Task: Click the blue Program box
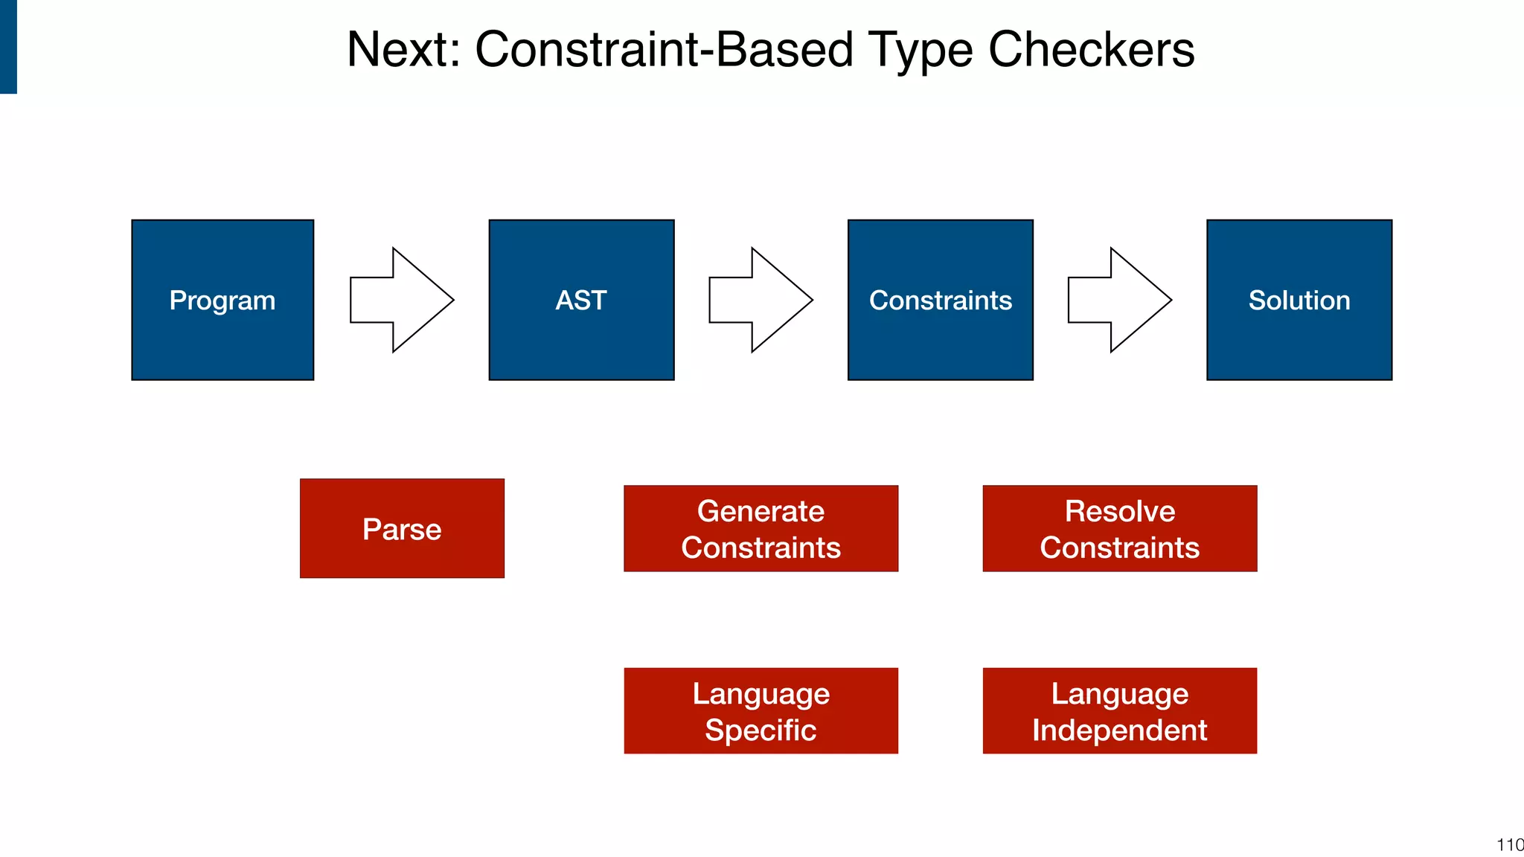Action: coord(222,300)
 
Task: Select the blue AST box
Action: coord(581,300)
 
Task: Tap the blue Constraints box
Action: coord(940,300)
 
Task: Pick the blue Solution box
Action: coord(1299,300)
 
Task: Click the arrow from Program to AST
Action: coord(401,300)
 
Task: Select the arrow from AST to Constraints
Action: coord(760,300)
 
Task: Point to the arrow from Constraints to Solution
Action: coord(1118,300)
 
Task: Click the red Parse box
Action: coord(402,528)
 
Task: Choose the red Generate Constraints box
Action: coord(761,529)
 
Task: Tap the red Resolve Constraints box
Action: coord(1119,529)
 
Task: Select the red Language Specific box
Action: coord(761,710)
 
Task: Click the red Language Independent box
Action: coord(1119,710)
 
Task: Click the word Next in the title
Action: coord(403,50)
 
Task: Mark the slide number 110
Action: coord(1509,845)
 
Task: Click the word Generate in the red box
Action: coord(761,511)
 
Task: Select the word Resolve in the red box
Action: coord(1119,511)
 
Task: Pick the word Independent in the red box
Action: coord(1119,730)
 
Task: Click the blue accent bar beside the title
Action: coord(8,46)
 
